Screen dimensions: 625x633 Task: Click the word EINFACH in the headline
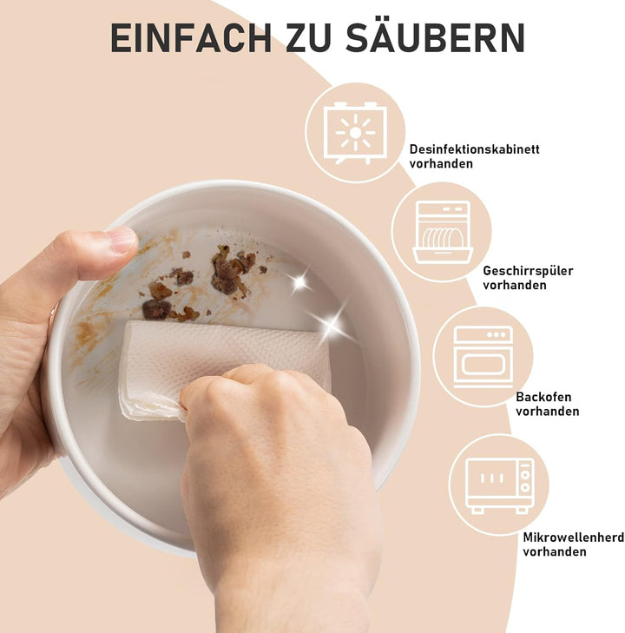[x=191, y=38]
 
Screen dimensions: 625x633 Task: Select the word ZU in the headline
[x=309, y=38]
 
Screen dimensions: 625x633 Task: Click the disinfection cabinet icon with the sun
[x=356, y=133]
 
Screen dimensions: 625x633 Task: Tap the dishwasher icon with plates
[x=442, y=232]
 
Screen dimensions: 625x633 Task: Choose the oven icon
[x=484, y=357]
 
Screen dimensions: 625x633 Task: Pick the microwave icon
[x=500, y=485]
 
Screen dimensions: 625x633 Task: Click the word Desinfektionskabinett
[x=475, y=149]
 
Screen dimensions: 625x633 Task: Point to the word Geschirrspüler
[x=528, y=271]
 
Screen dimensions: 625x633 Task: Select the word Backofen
[x=543, y=397]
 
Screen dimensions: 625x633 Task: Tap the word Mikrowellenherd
[x=574, y=537]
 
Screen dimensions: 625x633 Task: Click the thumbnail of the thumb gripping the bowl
[x=122, y=239]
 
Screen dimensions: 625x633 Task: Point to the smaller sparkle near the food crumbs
[x=299, y=281]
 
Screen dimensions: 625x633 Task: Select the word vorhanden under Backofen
[x=547, y=412]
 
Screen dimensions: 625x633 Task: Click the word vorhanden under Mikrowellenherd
[x=555, y=551]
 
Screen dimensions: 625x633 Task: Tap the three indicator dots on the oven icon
[x=497, y=334]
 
